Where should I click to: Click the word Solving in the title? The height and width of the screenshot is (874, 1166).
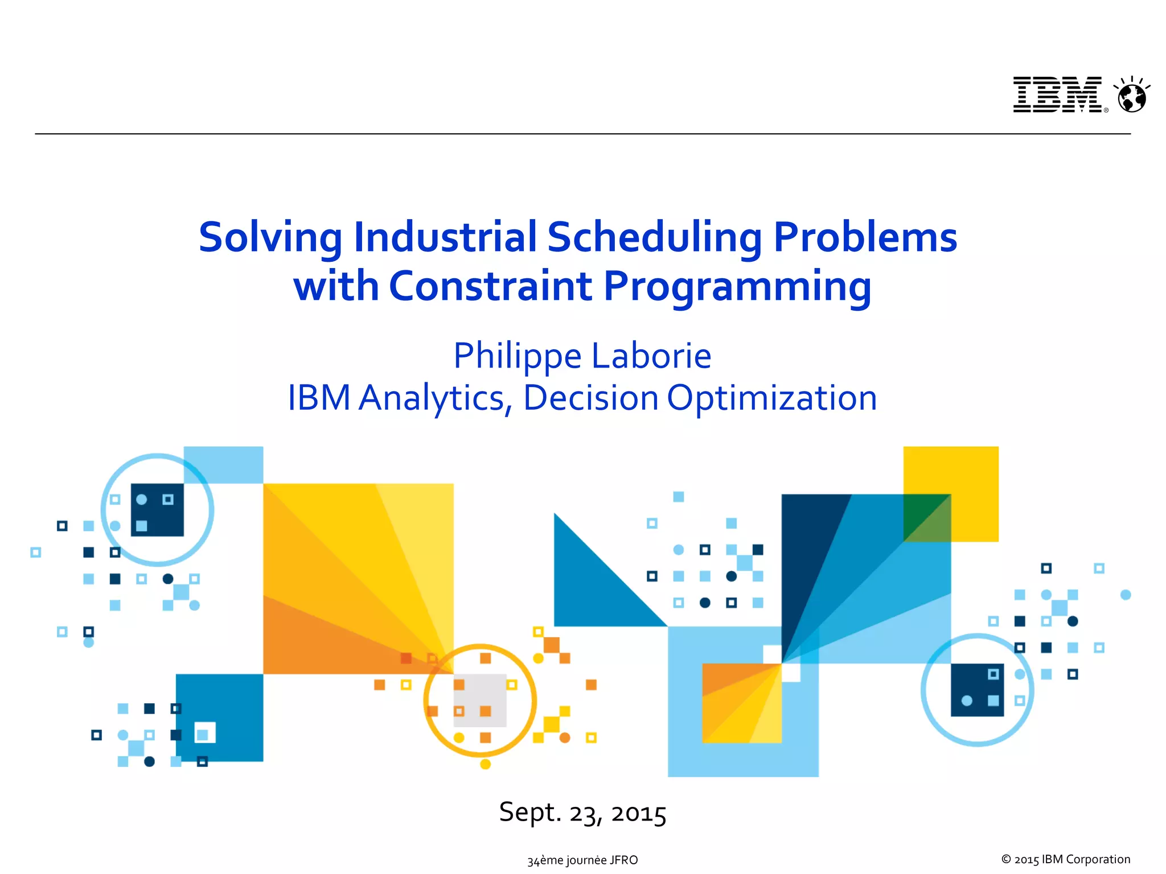pos(270,237)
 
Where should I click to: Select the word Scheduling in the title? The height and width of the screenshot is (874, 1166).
pos(654,237)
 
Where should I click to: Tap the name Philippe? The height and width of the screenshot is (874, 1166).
pos(517,357)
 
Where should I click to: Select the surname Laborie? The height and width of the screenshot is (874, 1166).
pos(651,356)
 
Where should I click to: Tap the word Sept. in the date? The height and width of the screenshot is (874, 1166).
pos(530,813)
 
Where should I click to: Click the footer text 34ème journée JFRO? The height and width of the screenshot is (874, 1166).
pos(582,860)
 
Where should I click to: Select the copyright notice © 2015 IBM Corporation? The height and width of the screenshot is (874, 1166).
pos(1065,859)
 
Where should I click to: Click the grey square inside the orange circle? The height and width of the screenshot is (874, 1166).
pos(480,700)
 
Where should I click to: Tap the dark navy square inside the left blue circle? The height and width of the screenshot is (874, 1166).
pos(158,510)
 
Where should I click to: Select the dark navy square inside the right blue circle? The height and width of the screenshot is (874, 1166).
pos(976,690)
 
